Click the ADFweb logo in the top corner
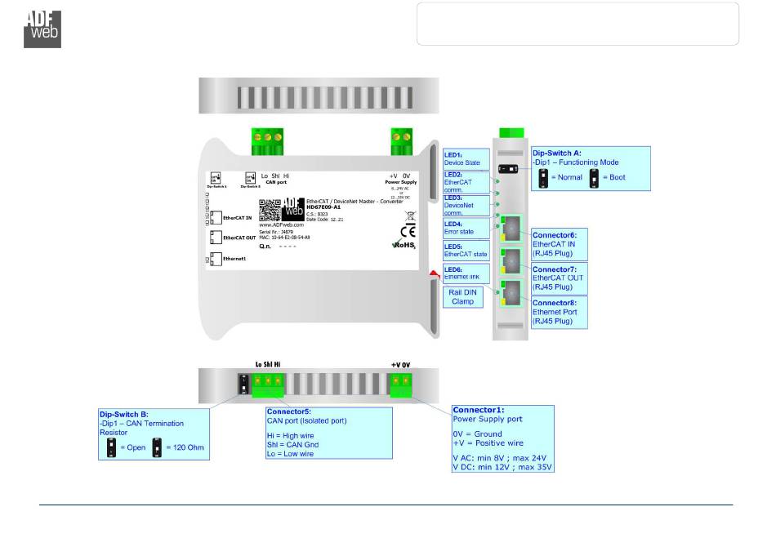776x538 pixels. point(42,29)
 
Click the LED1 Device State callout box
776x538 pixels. point(466,158)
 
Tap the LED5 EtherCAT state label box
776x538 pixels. point(466,250)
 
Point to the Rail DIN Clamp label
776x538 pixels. point(462,296)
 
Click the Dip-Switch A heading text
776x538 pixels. point(558,152)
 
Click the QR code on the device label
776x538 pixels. point(270,210)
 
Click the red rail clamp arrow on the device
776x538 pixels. point(430,281)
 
